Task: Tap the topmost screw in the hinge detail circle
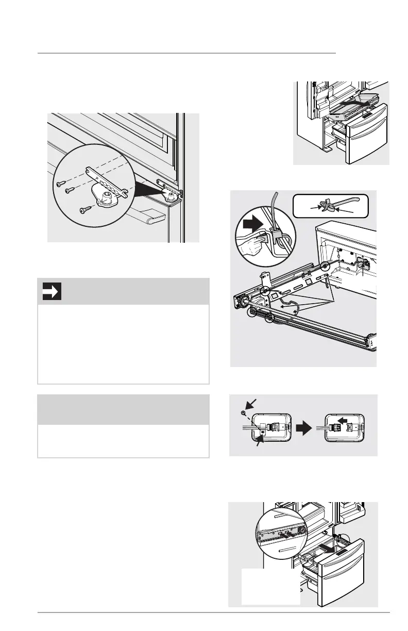click(x=60, y=182)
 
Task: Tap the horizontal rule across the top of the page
click(x=186, y=53)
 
